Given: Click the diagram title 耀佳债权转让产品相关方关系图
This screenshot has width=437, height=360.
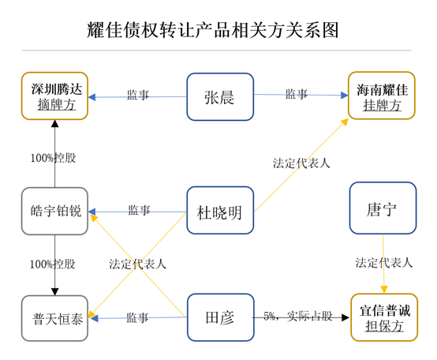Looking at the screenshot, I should pos(212,30).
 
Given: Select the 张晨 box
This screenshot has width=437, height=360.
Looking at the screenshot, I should pos(220,96).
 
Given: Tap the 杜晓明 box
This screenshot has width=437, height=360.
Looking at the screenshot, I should pos(220,211).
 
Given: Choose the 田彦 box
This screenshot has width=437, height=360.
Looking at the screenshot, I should pos(220,317).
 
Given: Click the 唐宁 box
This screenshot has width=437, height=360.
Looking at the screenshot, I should pos(383,208).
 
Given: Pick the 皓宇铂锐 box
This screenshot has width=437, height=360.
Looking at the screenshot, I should pos(54,211).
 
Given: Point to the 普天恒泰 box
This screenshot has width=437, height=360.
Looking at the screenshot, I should pos(54,318).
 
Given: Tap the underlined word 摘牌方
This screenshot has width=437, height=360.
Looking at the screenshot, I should pos(54,105).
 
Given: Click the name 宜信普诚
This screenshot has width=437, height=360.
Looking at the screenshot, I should pos(383,309).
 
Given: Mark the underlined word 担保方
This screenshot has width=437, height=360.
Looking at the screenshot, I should pos(383,326).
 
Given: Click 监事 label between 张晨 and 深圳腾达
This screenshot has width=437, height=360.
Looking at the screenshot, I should pos(138,95).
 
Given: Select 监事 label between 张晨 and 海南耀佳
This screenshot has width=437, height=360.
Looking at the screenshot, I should pos(297,94).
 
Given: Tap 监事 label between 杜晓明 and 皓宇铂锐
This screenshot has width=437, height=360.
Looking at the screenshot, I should pos(139,210).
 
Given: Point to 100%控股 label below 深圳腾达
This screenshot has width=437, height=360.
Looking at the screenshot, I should pos(54,158).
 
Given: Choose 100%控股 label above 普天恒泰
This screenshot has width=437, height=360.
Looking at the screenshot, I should pos(54,264).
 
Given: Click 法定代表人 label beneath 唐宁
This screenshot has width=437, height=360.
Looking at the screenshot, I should pos(383,262).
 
